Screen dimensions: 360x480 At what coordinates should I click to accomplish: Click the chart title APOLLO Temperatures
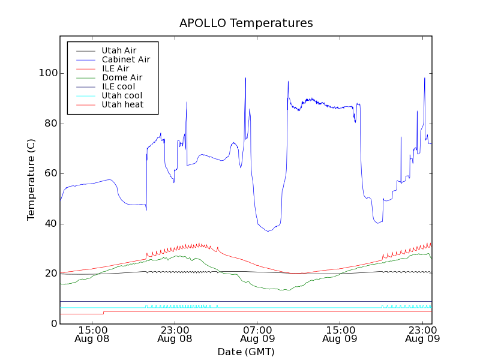pyautogui.click(x=246, y=23)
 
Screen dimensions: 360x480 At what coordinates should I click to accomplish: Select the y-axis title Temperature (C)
pyautogui.click(x=31, y=179)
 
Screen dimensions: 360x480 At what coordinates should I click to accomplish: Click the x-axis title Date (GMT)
pyautogui.click(x=246, y=352)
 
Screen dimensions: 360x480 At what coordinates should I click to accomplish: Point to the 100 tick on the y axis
pyautogui.click(x=48, y=73)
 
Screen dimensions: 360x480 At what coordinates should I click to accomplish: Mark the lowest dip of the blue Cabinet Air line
pyautogui.click(x=268, y=232)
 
